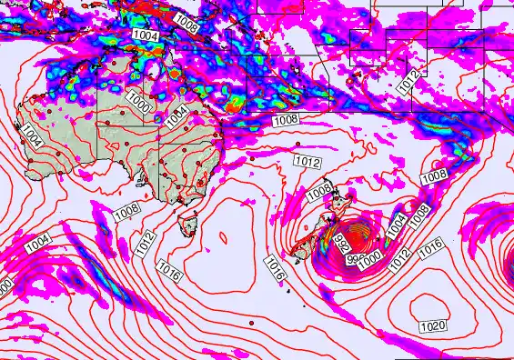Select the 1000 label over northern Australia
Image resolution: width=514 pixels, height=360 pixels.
click(x=139, y=99)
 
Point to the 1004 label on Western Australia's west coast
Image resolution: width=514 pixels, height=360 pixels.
click(x=32, y=137)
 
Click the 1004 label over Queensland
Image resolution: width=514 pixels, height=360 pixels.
click(x=177, y=112)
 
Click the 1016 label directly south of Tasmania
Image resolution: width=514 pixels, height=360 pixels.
click(x=169, y=270)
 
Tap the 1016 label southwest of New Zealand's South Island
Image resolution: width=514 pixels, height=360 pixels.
click(x=277, y=266)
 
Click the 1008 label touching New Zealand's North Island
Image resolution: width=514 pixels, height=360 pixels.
click(x=317, y=192)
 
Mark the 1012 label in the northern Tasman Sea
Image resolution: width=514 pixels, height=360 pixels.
click(x=307, y=161)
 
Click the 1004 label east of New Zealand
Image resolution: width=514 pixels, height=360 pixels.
click(x=397, y=225)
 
